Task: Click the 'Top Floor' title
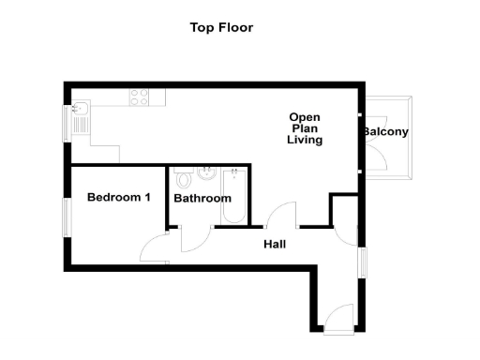221,27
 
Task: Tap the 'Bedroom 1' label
119,197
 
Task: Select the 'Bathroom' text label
202,199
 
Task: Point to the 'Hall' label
275,245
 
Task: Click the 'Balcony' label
386,132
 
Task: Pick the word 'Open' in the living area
305,117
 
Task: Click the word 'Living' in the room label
305,140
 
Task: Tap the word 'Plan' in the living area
305,128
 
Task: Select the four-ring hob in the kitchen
141,96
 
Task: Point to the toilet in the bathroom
185,177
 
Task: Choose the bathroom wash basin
206,173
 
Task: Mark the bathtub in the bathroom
233,197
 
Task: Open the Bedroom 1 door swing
153,247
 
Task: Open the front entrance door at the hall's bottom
337,319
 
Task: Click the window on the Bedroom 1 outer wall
67,215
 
